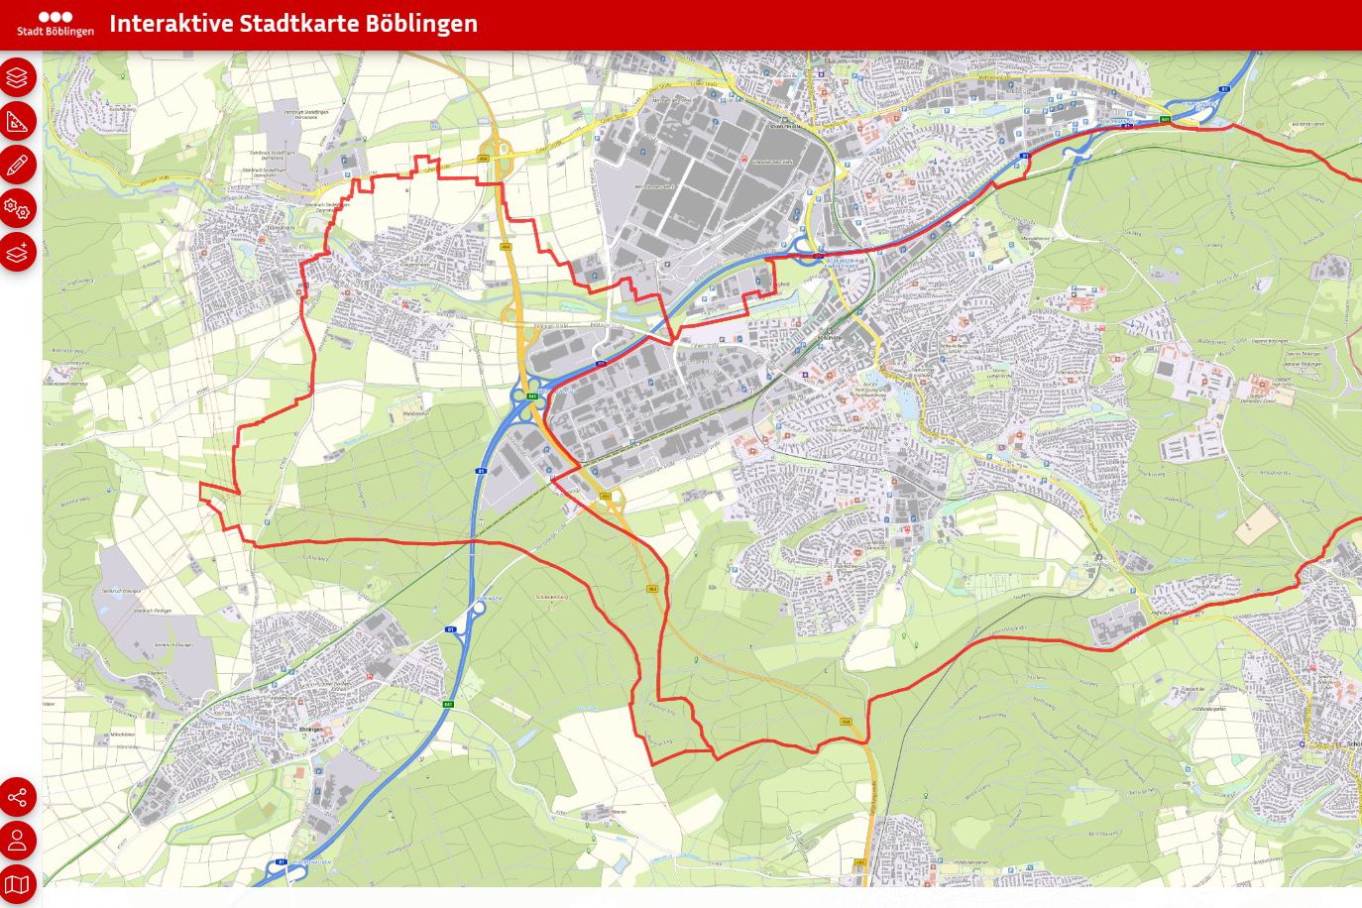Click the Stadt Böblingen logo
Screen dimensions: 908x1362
(55, 24)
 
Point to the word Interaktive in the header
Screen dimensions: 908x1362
(170, 24)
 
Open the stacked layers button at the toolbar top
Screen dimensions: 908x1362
(18, 77)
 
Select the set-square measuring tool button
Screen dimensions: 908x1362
(18, 121)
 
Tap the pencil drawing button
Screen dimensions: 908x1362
(18, 165)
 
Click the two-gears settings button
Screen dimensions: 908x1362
(18, 208)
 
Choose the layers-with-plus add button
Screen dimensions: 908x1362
(18, 252)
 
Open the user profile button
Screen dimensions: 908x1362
(18, 841)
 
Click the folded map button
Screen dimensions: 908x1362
(18, 884)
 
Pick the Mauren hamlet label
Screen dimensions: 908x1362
(619, 812)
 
